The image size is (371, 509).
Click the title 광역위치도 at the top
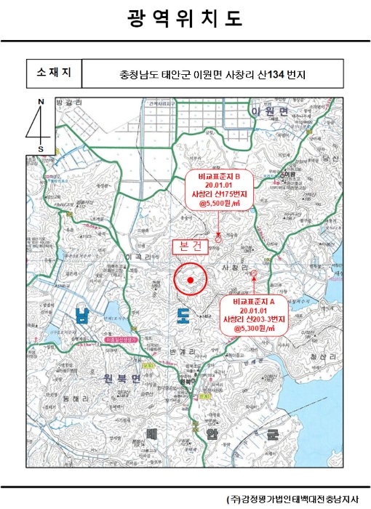pyautogui.click(x=185, y=19)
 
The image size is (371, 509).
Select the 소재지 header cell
pyautogui.click(x=54, y=73)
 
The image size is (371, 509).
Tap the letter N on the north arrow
pyautogui.click(x=41, y=103)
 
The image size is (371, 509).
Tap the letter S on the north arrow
pyautogui.click(x=41, y=149)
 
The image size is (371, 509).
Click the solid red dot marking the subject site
pyautogui.click(x=191, y=280)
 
